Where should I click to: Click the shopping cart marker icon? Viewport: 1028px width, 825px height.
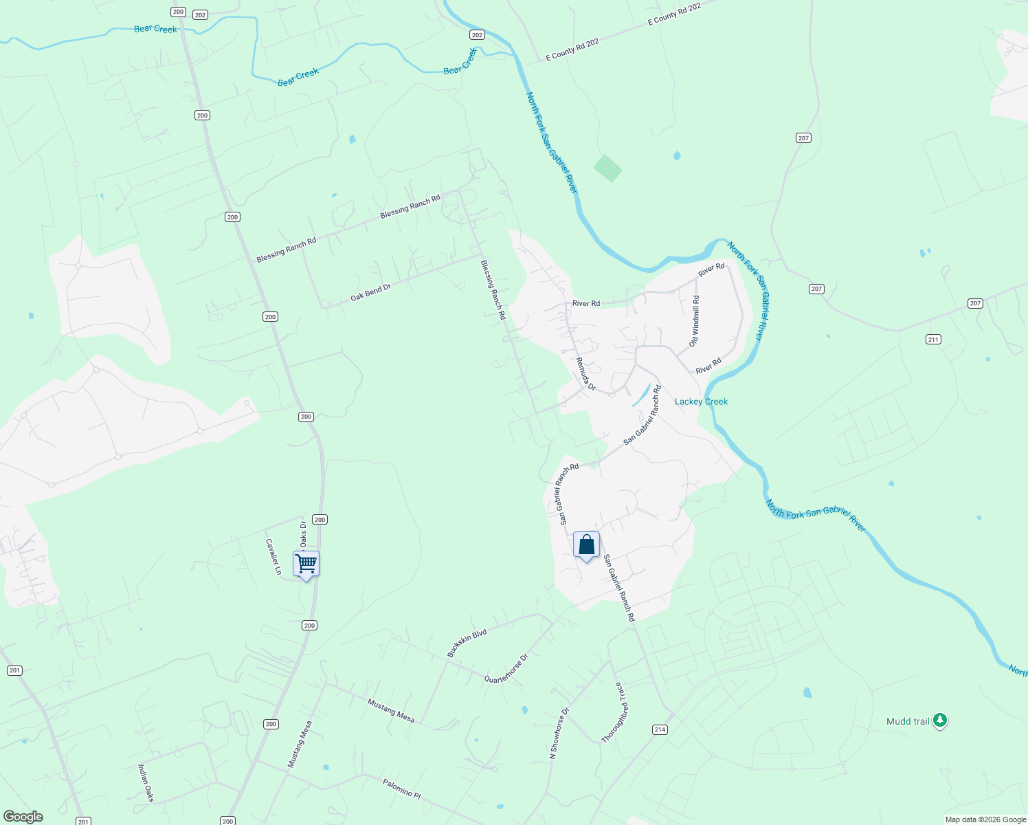click(306, 564)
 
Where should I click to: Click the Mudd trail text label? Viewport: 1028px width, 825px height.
click(908, 721)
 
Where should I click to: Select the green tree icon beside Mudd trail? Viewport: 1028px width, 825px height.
click(940, 720)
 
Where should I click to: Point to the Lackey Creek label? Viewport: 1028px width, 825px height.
click(701, 401)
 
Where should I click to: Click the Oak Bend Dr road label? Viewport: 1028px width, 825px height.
click(370, 292)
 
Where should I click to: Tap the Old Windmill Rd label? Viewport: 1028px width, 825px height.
click(695, 322)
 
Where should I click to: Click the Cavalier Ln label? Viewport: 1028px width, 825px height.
click(273, 556)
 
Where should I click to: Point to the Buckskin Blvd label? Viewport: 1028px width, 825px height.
click(467, 643)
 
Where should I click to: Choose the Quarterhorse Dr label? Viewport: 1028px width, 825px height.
click(506, 668)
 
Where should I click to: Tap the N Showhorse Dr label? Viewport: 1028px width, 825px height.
click(559, 734)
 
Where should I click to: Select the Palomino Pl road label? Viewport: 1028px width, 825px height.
click(401, 788)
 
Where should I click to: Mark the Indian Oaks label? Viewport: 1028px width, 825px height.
click(146, 783)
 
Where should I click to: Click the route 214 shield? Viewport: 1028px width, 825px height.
click(660, 729)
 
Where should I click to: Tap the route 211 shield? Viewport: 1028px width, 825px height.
click(932, 339)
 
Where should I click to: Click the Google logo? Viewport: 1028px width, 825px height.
click(23, 817)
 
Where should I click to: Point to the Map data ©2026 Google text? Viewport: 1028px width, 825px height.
click(985, 819)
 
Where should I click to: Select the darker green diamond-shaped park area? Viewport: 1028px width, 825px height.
click(607, 168)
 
